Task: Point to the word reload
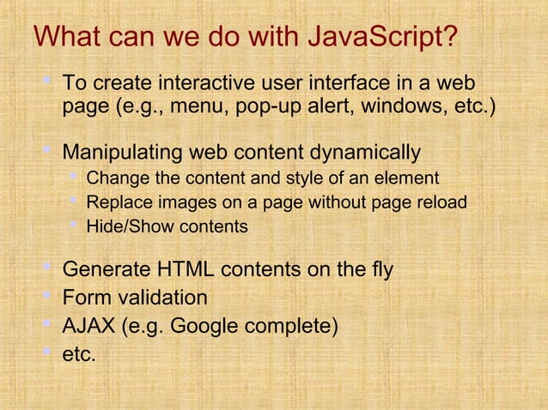tap(442, 203)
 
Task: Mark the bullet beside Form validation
tap(48, 296)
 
